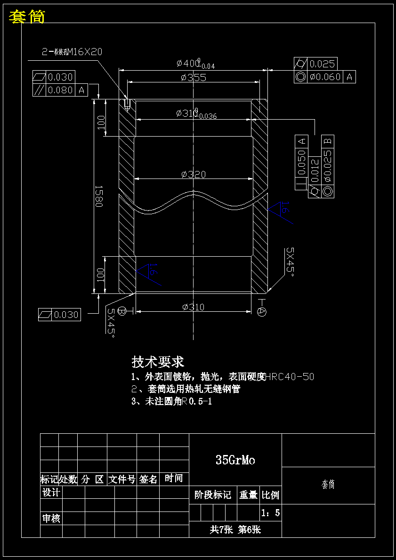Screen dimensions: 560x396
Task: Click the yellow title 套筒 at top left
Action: (x=27, y=17)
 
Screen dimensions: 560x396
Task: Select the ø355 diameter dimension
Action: (x=193, y=78)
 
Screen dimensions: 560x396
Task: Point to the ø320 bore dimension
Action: (x=193, y=174)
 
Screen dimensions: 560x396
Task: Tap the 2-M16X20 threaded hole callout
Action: (x=72, y=52)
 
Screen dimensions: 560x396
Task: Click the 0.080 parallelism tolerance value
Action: (x=61, y=89)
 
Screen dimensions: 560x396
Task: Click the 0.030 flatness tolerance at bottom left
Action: (x=66, y=315)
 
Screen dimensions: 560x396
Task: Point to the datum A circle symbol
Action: (x=262, y=311)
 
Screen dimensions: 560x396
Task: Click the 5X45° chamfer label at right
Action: (x=290, y=261)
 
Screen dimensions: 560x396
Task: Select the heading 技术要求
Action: (x=158, y=362)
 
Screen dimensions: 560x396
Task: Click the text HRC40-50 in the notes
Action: (x=290, y=377)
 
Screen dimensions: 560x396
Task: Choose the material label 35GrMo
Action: (x=235, y=460)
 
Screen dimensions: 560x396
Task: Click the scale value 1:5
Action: (x=270, y=512)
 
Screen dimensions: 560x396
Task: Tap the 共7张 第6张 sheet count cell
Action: (x=235, y=529)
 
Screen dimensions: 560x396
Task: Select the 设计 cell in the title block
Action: (x=51, y=493)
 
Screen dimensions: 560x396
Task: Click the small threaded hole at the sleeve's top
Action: (x=127, y=105)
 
